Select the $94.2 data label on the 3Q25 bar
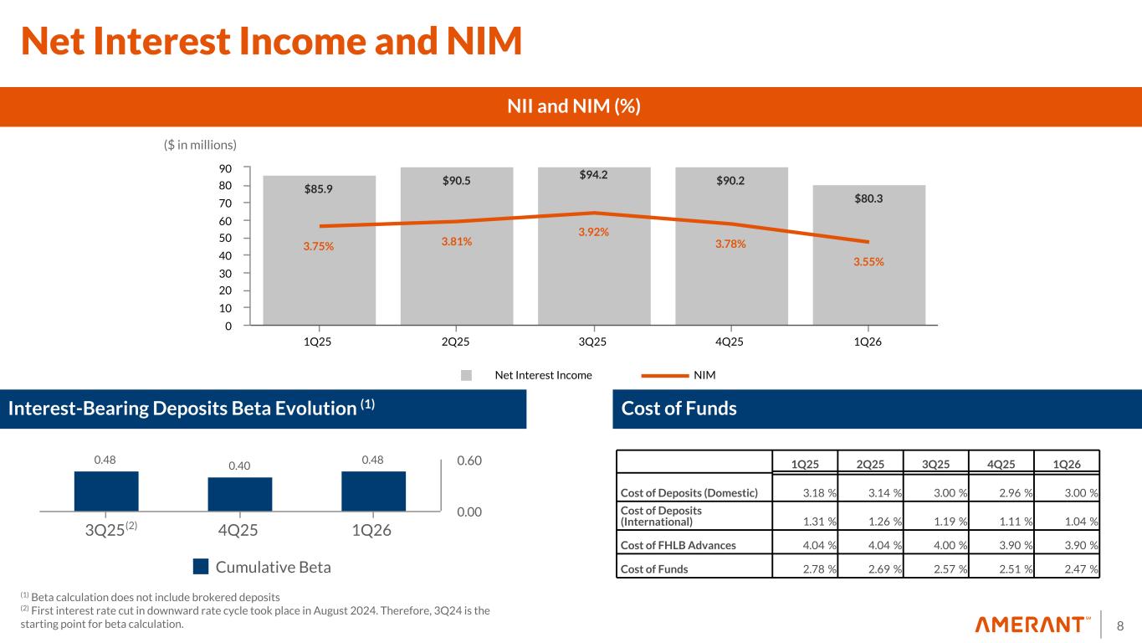tap(593, 175)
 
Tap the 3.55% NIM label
tap(868, 261)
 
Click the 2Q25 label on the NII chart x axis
tap(455, 342)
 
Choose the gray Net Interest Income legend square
tap(467, 375)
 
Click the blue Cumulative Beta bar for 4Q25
tap(239, 494)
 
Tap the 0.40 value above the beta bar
tap(239, 465)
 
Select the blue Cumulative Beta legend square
tap(201, 567)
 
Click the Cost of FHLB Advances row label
tap(677, 545)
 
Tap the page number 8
tap(1121, 625)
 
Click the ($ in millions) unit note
tap(201, 145)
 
